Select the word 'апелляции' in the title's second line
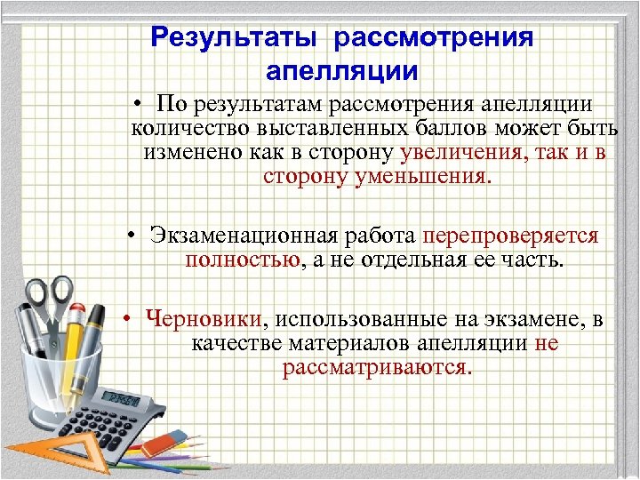(341, 69)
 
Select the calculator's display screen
(124, 396)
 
